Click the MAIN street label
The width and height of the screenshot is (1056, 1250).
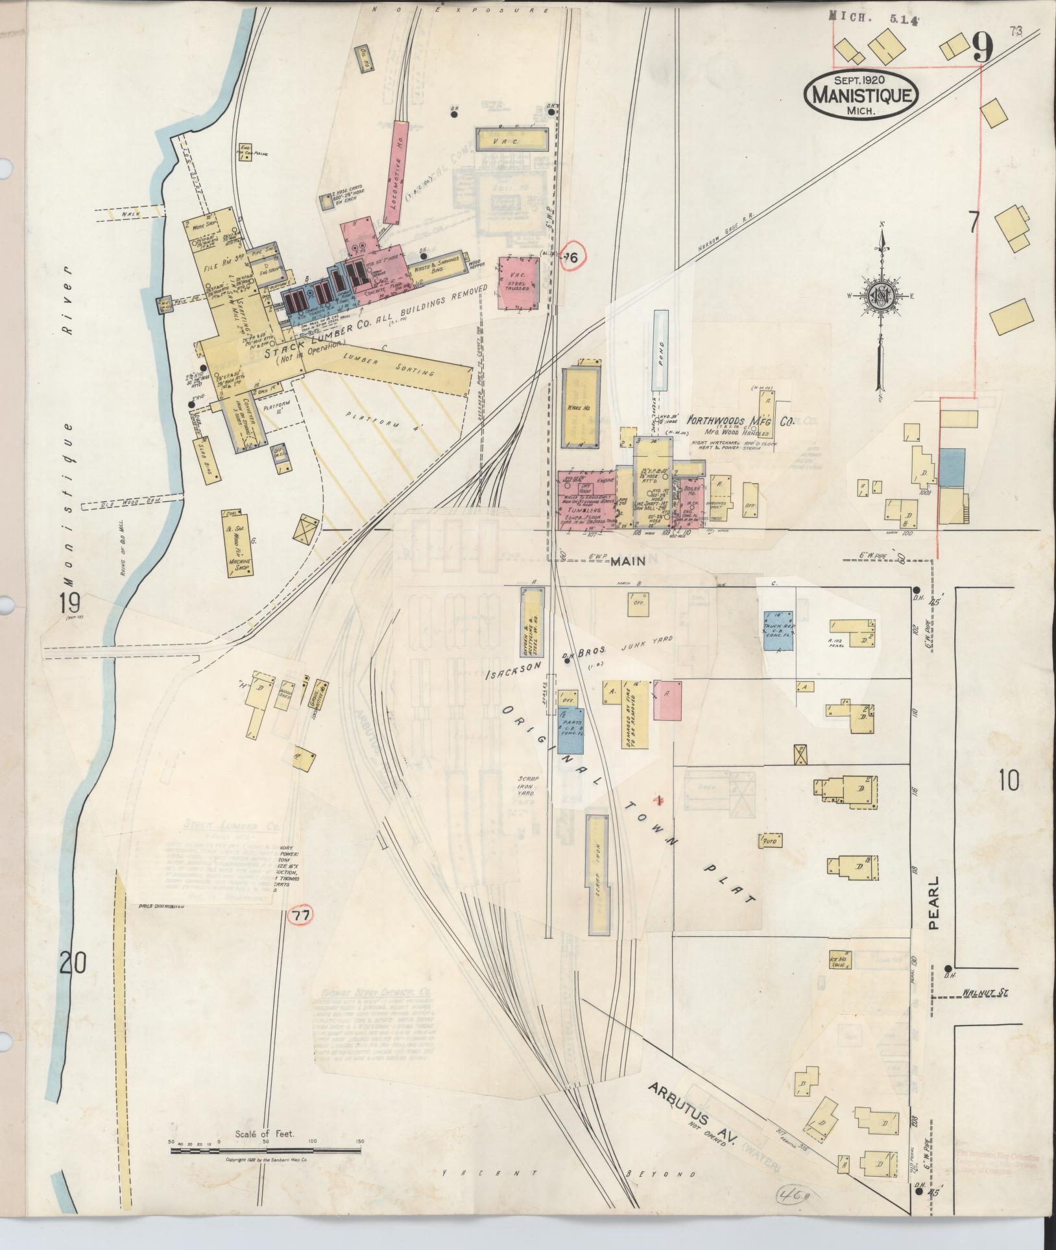point(627,562)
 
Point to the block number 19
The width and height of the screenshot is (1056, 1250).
point(70,603)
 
